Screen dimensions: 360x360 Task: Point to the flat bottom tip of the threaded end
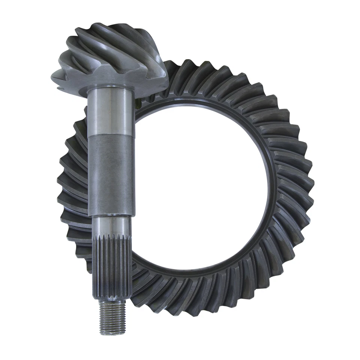point(112,333)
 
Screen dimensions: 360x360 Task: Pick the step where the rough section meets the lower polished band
point(111,217)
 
